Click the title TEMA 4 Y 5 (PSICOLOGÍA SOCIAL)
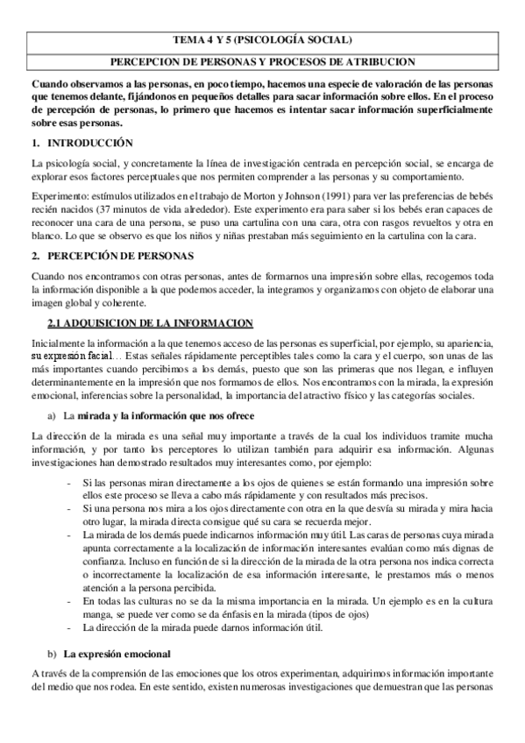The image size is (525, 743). pyautogui.click(x=262, y=39)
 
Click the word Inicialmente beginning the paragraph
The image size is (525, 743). pyautogui.click(x=58, y=343)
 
